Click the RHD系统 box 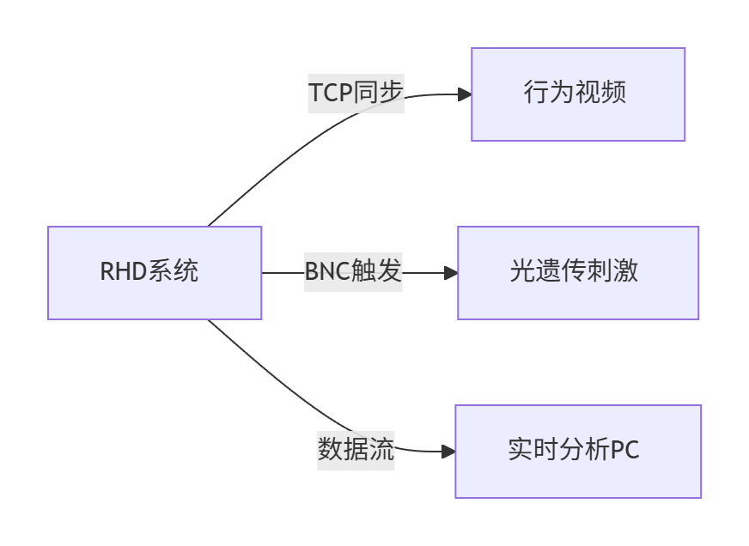[155, 273]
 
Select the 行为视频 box [577, 94]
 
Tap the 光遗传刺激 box [577, 273]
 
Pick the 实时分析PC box [577, 452]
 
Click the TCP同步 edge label [356, 94]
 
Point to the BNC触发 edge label [353, 273]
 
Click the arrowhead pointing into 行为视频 [465, 94]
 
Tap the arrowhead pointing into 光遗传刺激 [451, 273]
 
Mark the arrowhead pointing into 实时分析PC [448, 451]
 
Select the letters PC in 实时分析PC [624, 452]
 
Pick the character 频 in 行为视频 [614, 94]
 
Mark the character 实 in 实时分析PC [520, 452]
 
